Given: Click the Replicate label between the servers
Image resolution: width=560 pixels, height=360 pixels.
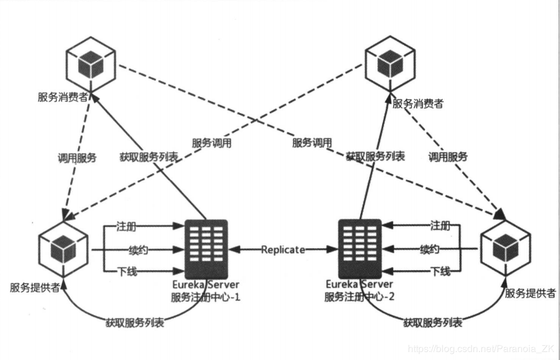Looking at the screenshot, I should [282, 249].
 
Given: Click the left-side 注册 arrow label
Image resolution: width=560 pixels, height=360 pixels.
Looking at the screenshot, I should [126, 227].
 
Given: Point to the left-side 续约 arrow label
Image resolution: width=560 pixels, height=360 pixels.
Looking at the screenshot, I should [138, 249].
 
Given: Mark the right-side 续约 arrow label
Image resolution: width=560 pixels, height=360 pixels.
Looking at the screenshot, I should [429, 249].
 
